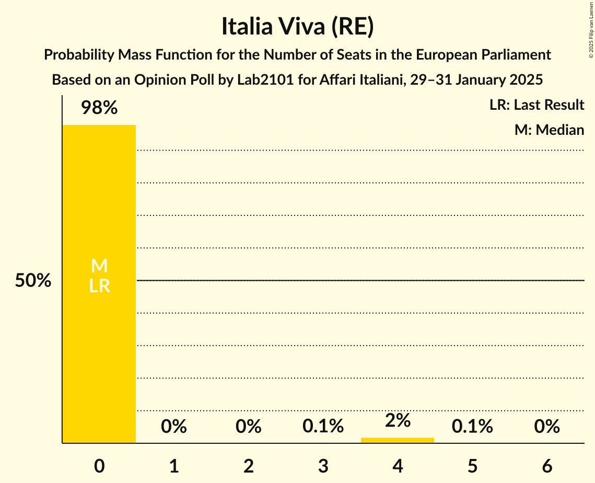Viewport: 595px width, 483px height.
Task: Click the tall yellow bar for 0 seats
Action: coord(99,340)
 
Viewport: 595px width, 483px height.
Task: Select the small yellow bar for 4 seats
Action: coord(398,440)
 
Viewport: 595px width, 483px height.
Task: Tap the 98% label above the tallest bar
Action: coord(99,108)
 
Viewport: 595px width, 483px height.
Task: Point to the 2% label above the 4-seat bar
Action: coord(398,420)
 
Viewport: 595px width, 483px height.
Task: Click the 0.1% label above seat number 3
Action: coord(323,427)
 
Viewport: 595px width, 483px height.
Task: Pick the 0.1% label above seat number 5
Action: coord(472,427)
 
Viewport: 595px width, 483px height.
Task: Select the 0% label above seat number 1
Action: coord(174,427)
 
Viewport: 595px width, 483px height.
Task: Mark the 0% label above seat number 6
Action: coord(547,427)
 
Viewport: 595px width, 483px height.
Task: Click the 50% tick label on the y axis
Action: coord(33,281)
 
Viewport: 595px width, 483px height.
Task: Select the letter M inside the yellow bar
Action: coord(99,266)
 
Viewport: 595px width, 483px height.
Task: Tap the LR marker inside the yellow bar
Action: coord(99,285)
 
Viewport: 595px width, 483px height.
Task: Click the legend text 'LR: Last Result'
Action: coord(536,105)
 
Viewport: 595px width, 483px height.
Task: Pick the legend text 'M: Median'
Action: coord(549,130)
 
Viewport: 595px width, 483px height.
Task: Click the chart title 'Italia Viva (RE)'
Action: coord(297,27)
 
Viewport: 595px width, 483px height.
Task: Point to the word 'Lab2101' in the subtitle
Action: coord(252,80)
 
